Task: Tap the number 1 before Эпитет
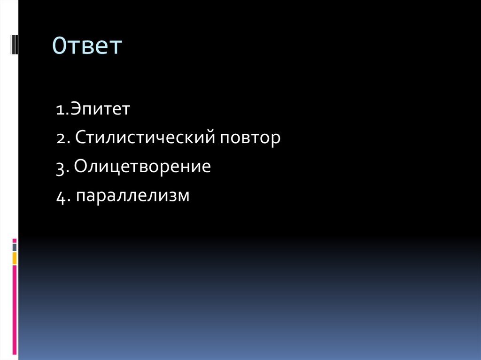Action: point(59,111)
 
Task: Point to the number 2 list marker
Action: point(60,139)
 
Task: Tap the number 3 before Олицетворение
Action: point(60,168)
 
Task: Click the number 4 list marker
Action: point(60,196)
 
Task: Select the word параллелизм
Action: point(133,195)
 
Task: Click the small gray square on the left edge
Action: point(15,247)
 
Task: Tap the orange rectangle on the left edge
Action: point(15,258)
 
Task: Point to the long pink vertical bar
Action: point(15,310)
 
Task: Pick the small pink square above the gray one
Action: point(15,240)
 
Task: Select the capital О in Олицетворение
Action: point(80,167)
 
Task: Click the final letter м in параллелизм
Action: point(184,196)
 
